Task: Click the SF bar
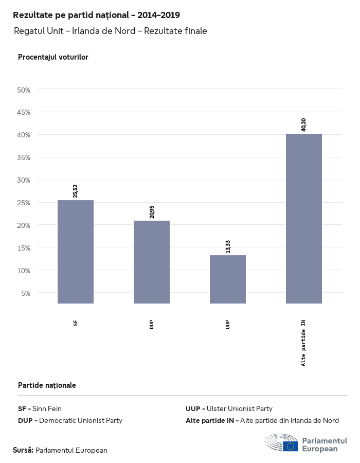pos(76,252)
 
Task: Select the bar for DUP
pos(152,262)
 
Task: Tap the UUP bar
pos(228,279)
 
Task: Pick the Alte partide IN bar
pos(304,218)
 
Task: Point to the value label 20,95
pos(152,211)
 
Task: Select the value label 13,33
pos(228,246)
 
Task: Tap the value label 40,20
pos(304,124)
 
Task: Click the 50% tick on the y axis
pos(24,90)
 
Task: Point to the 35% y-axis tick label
pos(24,157)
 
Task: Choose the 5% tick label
pos(26,293)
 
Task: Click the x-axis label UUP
pos(228,325)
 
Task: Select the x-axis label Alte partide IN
pos(304,343)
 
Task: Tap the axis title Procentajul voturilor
pos(53,57)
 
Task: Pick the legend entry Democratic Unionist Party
pos(70,420)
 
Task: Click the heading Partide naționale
pos(47,385)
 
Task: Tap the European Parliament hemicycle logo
pos(281,443)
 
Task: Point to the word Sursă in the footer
pos(23,450)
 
